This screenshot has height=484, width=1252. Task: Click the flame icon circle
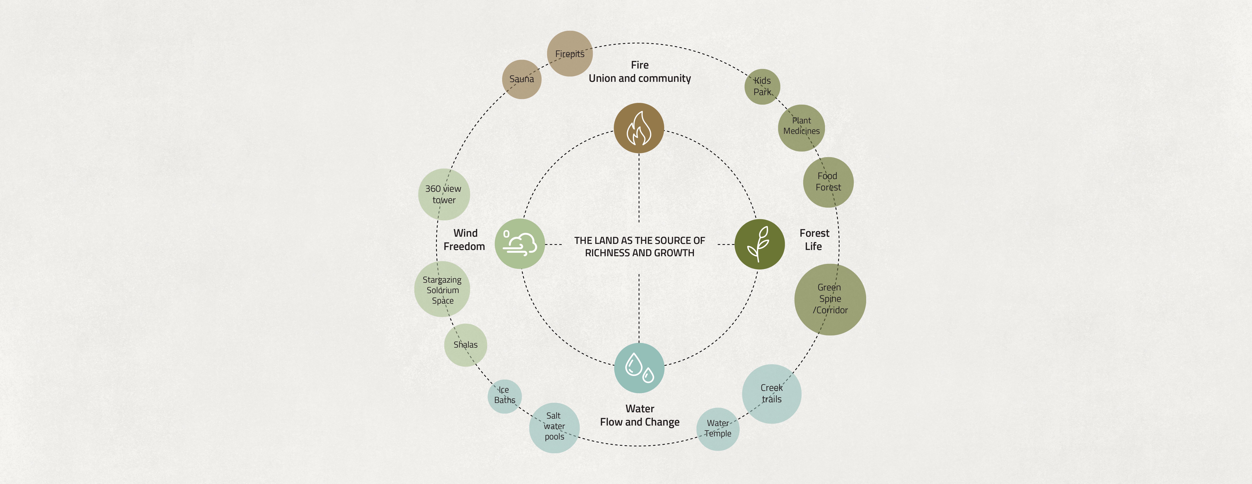click(639, 128)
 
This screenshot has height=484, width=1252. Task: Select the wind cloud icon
click(520, 244)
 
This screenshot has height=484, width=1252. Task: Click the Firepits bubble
click(570, 54)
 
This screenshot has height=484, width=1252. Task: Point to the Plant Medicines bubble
click(801, 127)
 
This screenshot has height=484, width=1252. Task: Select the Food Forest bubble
click(828, 182)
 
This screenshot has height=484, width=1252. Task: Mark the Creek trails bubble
click(771, 393)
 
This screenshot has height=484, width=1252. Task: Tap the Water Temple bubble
click(717, 429)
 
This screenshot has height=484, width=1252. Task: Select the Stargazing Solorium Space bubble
click(442, 289)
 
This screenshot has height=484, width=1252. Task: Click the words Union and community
click(640, 78)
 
